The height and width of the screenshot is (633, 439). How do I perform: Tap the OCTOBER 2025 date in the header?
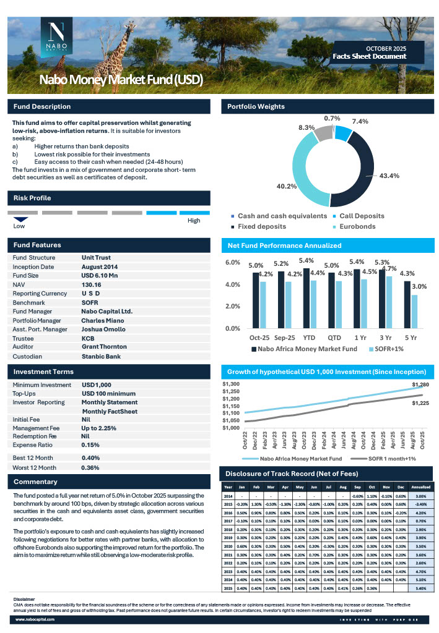(x=386, y=48)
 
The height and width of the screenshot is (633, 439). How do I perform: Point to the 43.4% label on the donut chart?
(x=389, y=176)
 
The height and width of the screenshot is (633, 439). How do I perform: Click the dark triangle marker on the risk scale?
(x=21, y=219)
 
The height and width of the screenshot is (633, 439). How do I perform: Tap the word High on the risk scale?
(x=194, y=221)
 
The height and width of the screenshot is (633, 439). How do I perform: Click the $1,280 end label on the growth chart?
(x=420, y=385)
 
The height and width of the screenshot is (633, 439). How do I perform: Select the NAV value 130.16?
(x=92, y=284)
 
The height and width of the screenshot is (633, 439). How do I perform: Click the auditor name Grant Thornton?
(x=104, y=347)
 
